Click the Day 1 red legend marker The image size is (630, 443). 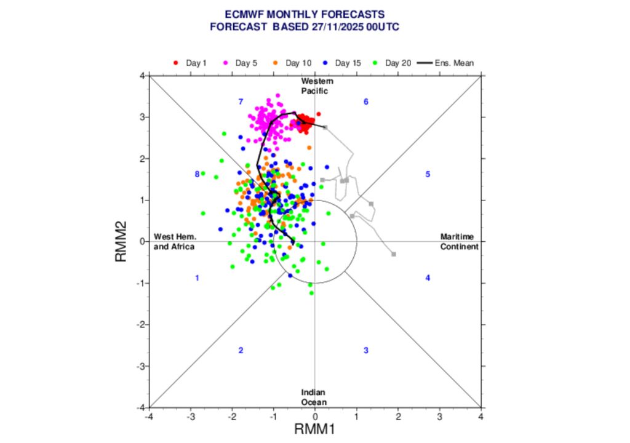176,63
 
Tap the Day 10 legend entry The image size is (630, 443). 298,63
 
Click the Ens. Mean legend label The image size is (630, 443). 453,63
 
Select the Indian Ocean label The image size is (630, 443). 314,397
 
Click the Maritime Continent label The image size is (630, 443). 459,242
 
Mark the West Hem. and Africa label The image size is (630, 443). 174,242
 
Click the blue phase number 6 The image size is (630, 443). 365,102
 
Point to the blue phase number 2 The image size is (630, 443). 241,351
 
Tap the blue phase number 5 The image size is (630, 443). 427,174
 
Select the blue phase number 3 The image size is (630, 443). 365,351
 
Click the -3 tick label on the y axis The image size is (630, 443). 140,366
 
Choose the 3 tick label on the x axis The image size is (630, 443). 439,417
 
